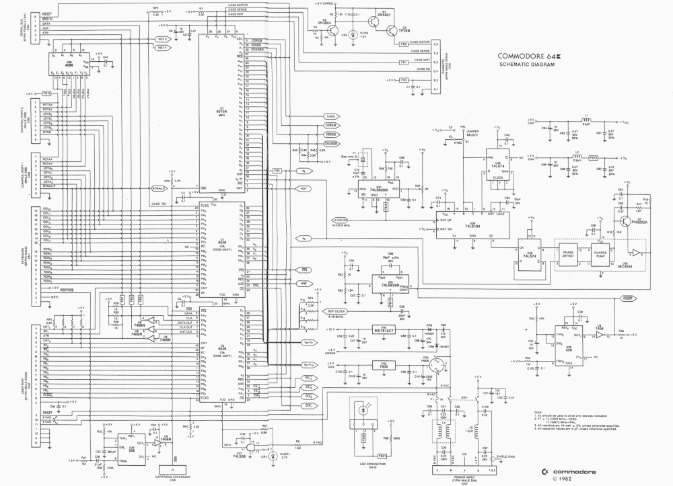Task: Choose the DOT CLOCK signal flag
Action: (x=336, y=311)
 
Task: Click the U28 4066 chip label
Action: (x=69, y=65)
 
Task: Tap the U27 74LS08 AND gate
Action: (x=250, y=448)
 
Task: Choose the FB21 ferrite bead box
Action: (x=366, y=438)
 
